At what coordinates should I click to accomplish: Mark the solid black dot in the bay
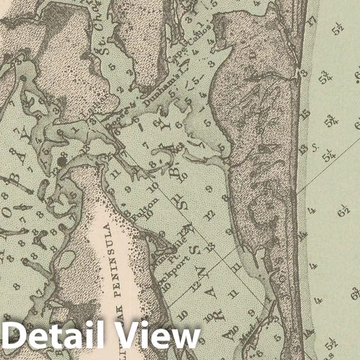[x=62, y=161]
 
